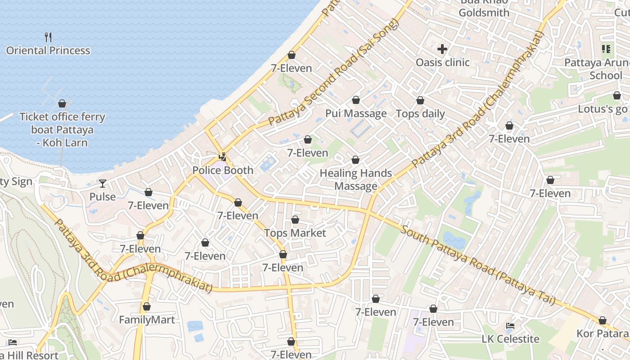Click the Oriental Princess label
click(48, 50)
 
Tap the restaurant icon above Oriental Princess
click(48, 37)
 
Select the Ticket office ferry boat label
click(62, 130)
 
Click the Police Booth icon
click(222, 157)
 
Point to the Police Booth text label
click(223, 171)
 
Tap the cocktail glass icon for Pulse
click(103, 184)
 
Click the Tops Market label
click(295, 233)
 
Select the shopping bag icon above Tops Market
click(295, 220)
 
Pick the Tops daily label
click(420, 114)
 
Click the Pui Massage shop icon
click(356, 100)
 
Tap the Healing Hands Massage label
click(355, 180)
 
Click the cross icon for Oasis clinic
click(442, 49)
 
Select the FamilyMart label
click(147, 320)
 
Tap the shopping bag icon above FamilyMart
click(147, 307)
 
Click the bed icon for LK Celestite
click(510, 326)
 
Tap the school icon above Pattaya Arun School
click(606, 49)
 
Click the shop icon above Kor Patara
click(602, 320)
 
